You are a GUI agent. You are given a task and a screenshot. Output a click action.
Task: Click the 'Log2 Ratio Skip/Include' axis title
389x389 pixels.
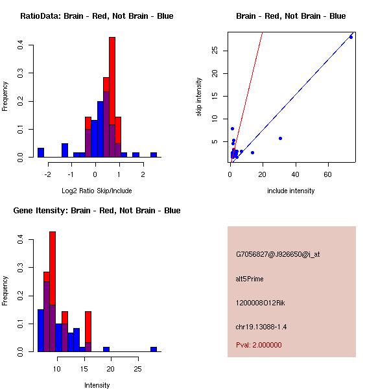click(x=93, y=191)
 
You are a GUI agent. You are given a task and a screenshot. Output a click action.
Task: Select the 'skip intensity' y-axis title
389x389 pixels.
click(x=199, y=97)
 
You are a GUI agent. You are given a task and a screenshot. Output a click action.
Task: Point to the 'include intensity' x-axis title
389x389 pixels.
click(x=290, y=191)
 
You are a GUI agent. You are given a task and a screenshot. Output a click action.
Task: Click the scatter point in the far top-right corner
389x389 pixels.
click(x=351, y=37)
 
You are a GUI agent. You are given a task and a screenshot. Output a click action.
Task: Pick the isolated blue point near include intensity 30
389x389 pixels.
click(x=280, y=138)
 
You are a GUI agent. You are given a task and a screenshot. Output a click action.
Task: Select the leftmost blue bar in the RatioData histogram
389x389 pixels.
click(x=40, y=153)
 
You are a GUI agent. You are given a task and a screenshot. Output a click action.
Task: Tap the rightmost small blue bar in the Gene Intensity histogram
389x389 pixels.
click(x=154, y=349)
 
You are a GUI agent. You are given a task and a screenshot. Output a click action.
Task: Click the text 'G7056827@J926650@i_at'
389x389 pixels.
click(x=277, y=254)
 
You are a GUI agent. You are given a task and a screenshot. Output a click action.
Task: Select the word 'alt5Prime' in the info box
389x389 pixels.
click(x=250, y=279)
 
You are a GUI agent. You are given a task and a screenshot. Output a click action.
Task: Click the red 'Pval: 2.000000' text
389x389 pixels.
click(x=259, y=345)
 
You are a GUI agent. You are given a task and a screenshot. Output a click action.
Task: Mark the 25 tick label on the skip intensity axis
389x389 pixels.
click(x=215, y=51)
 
